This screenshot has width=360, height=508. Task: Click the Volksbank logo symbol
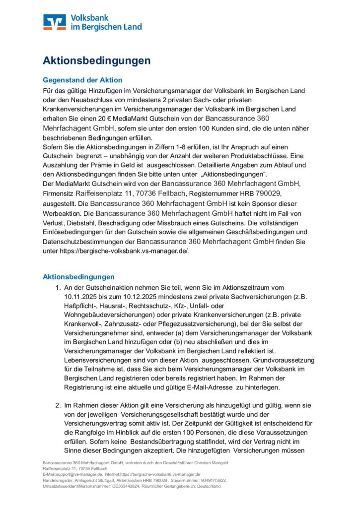pos(54,22)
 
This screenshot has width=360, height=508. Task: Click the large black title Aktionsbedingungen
pos(96,61)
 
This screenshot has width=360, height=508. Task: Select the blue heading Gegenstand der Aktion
pos(82,80)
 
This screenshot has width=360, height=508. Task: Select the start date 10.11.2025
pos(82,297)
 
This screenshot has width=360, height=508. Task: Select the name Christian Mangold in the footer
pos(209,463)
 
